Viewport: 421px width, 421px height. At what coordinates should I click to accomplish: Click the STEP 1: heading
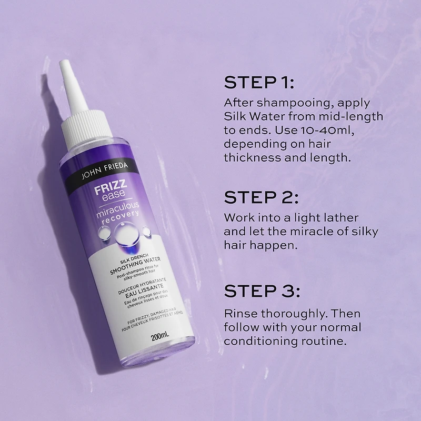[x=259, y=83]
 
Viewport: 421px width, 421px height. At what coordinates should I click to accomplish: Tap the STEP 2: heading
[x=261, y=197]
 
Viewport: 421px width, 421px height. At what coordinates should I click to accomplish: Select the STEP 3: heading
[x=262, y=291]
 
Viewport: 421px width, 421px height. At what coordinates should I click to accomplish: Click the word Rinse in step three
[x=240, y=313]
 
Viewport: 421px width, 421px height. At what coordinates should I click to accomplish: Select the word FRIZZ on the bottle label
[x=110, y=187]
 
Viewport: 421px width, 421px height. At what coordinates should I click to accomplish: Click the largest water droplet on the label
[x=126, y=233]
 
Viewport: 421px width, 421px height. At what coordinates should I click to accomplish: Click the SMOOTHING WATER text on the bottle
[x=135, y=266]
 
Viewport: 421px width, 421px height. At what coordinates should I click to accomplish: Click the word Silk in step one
[x=233, y=116]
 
